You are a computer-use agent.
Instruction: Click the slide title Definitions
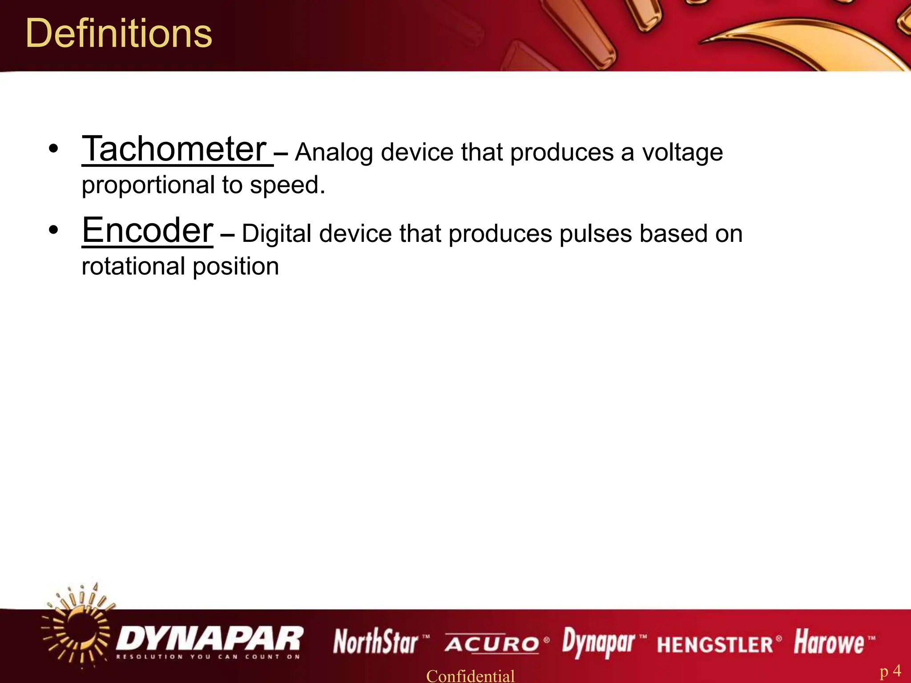[119, 34]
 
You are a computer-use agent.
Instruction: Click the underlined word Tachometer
[174, 149]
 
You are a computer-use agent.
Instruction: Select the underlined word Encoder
[148, 230]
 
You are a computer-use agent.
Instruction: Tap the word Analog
[334, 153]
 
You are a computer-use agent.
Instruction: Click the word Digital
[277, 234]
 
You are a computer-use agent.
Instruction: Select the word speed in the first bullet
[287, 185]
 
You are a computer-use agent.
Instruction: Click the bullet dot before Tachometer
[53, 149]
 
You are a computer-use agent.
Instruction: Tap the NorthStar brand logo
[376, 642]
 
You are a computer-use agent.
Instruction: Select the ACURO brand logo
[492, 644]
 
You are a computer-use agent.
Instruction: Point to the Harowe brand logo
[829, 642]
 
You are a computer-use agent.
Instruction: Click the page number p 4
[891, 671]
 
